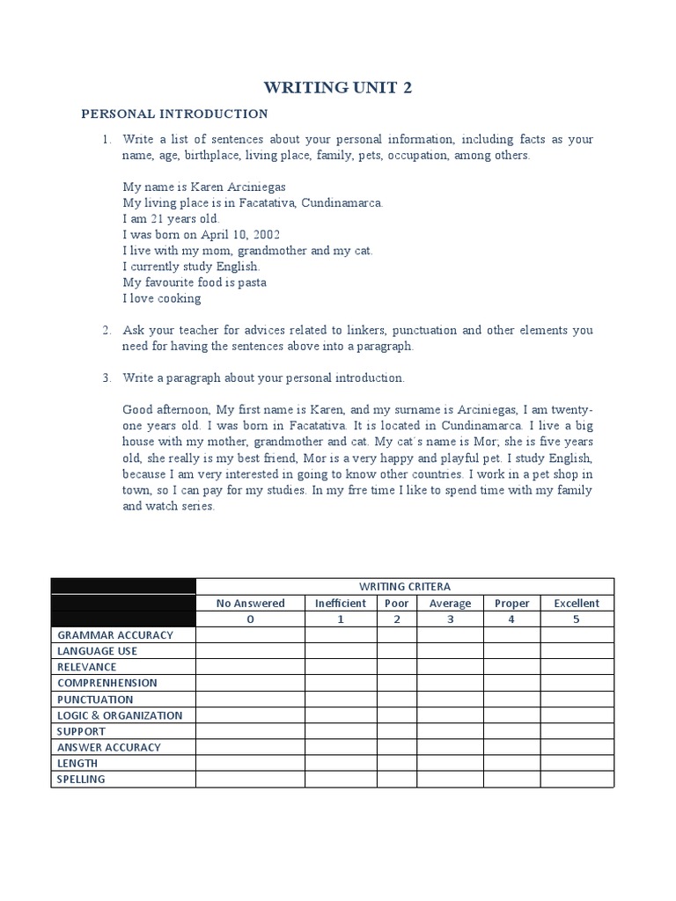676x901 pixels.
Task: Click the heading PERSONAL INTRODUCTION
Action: [x=174, y=114]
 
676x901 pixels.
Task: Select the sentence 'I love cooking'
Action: [x=162, y=298]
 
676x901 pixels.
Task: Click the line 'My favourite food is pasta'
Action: [x=195, y=282]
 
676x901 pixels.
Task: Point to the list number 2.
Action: [x=106, y=331]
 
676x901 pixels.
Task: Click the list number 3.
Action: [x=106, y=377]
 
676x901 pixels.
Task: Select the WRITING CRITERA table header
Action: [x=404, y=587]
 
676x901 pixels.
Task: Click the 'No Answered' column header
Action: [x=250, y=603]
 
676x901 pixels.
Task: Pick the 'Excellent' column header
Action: [x=577, y=603]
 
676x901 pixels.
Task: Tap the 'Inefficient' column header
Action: [x=341, y=603]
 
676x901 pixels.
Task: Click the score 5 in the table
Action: [x=577, y=619]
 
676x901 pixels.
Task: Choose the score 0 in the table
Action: [x=250, y=619]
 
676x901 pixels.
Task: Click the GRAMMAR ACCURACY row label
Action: [x=115, y=634]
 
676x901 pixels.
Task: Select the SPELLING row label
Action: [x=81, y=779]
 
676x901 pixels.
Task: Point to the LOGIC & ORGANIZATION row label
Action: [x=120, y=715]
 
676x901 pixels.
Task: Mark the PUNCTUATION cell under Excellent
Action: [x=577, y=699]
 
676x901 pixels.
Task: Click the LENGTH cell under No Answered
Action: [x=250, y=763]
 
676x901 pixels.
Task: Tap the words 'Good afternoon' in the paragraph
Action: [x=164, y=410]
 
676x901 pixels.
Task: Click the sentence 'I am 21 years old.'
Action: [x=171, y=219]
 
